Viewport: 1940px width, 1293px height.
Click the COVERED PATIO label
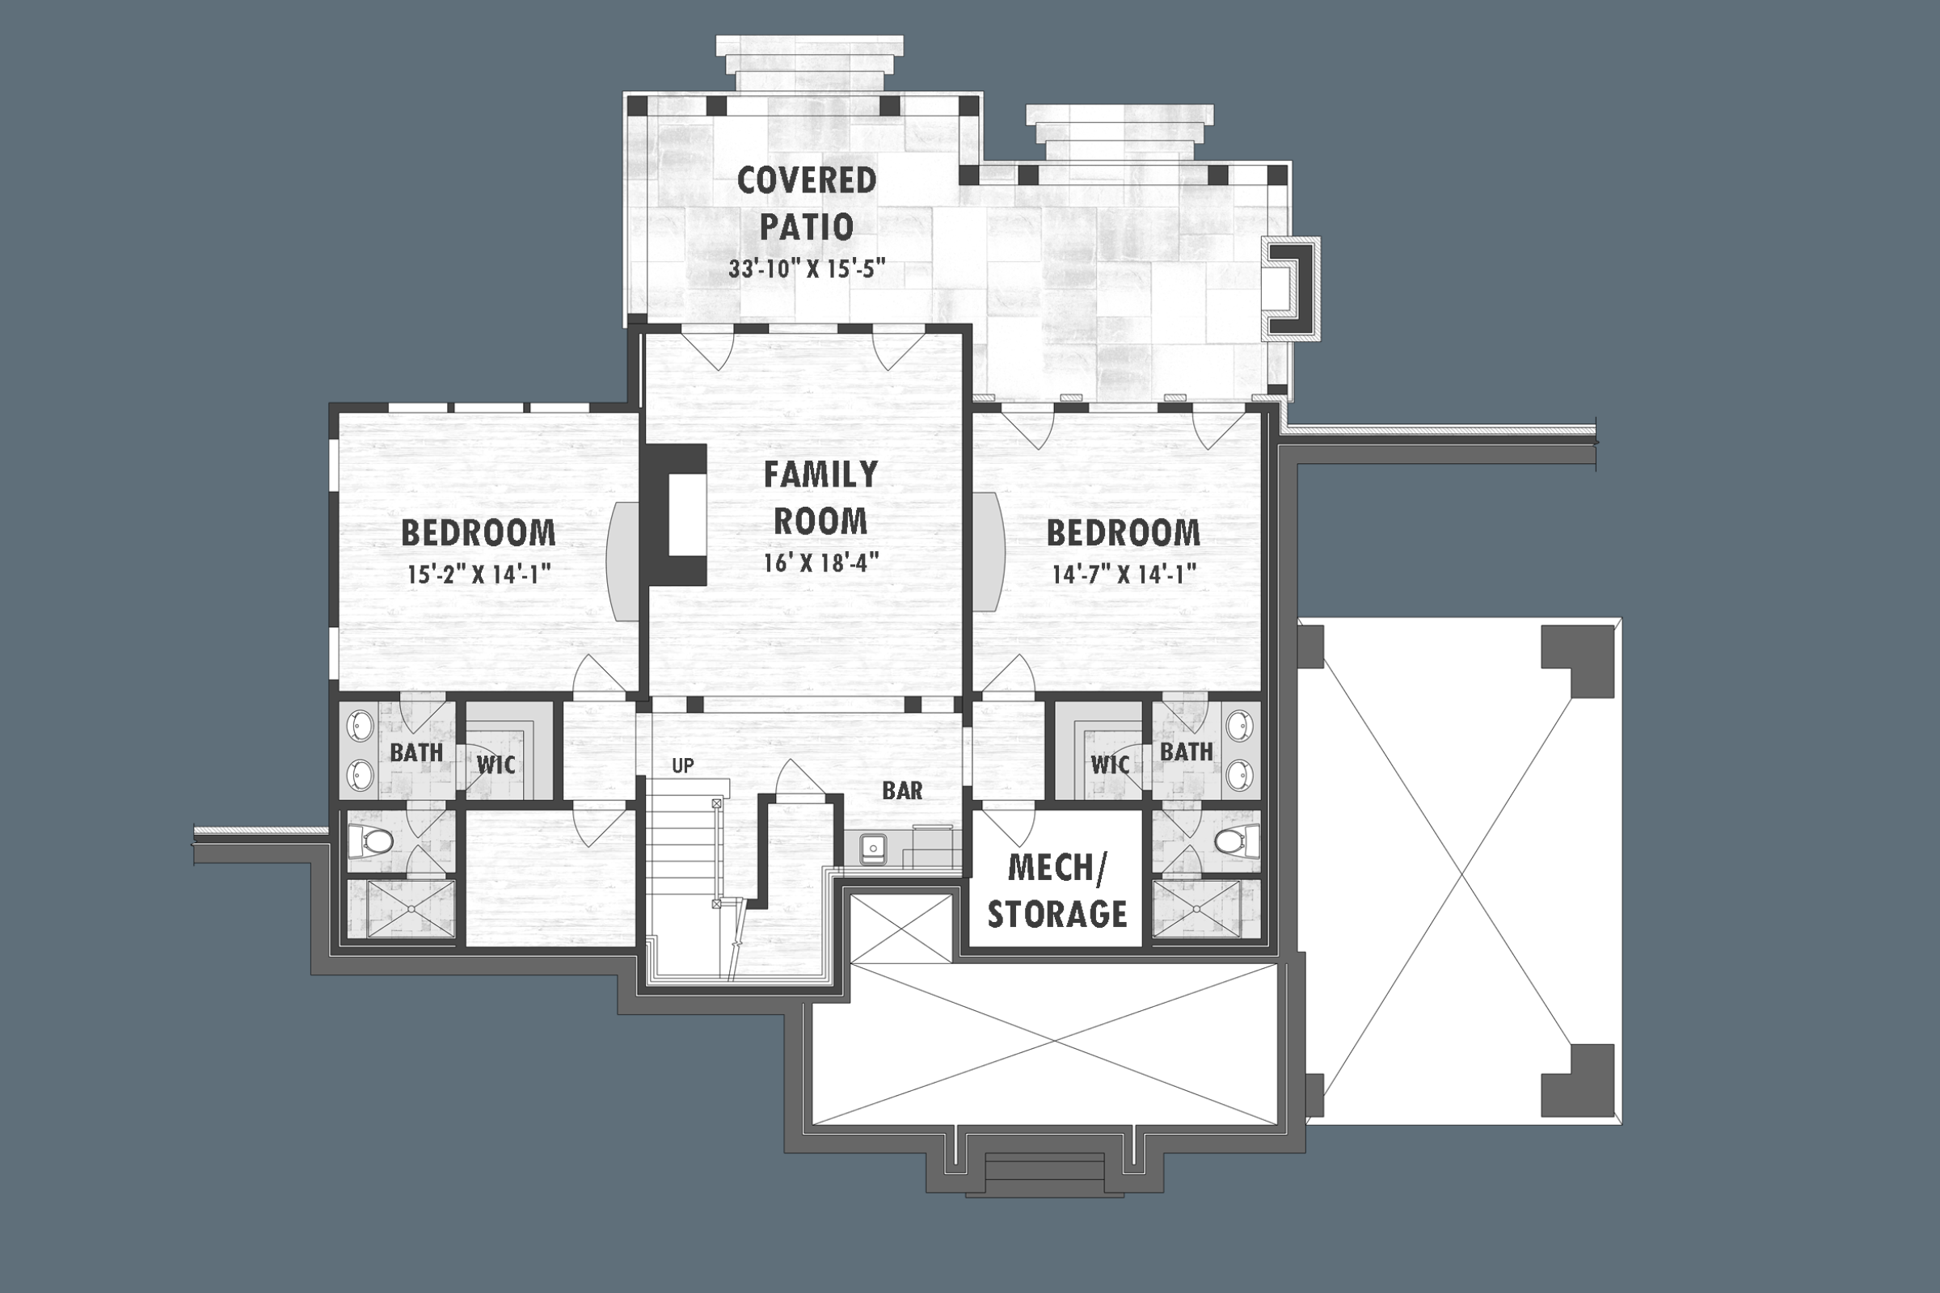click(806, 203)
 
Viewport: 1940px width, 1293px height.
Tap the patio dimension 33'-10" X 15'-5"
click(806, 270)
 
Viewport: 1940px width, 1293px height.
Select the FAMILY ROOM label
click(820, 497)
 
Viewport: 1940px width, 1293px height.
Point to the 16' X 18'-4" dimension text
click(820, 562)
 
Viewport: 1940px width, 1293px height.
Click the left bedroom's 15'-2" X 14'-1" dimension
click(479, 574)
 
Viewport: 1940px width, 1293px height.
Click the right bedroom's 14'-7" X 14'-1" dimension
click(1124, 574)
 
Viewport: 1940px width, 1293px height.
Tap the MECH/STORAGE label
click(1056, 891)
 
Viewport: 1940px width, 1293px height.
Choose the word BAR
click(901, 791)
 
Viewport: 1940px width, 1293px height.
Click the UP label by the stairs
click(682, 766)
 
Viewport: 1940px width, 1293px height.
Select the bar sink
click(873, 849)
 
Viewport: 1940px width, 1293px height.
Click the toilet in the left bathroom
click(375, 841)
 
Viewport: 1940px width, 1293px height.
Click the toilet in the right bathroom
click(1231, 841)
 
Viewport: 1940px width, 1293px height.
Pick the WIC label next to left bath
click(496, 764)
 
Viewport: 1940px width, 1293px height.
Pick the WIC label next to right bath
click(1109, 764)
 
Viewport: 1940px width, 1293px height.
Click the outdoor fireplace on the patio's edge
click(1293, 288)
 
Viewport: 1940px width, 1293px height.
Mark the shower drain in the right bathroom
click(1198, 910)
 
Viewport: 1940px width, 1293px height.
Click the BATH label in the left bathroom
click(415, 752)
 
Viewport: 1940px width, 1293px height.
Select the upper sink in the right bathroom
click(1240, 725)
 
